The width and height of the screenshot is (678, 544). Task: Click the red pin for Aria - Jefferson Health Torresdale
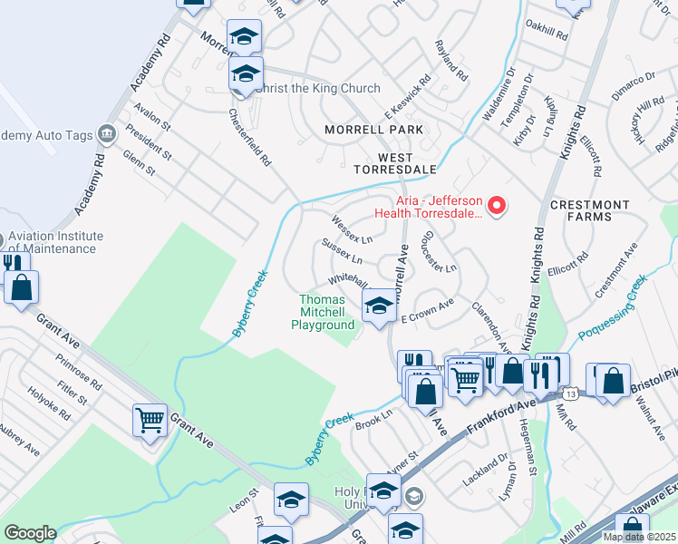496,207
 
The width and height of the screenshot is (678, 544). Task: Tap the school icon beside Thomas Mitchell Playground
379,306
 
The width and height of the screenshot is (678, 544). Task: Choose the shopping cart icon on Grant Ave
150,420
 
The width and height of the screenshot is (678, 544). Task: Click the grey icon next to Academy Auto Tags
107,135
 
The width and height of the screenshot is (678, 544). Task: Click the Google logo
29,533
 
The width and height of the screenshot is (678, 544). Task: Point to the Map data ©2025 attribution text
639,537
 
